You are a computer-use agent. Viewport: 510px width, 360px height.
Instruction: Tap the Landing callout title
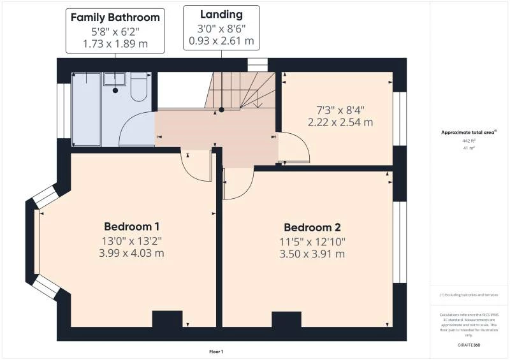pyautogui.click(x=221, y=14)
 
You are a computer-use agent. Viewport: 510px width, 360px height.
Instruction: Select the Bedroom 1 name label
pyautogui.click(x=131, y=226)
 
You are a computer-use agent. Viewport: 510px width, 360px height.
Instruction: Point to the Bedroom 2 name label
pyautogui.click(x=312, y=227)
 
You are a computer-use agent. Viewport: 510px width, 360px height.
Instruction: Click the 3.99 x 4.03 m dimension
pyautogui.click(x=131, y=253)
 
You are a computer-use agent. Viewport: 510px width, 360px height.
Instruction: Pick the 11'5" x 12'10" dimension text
pyautogui.click(x=312, y=241)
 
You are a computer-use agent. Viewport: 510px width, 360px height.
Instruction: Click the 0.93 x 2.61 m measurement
pyautogui.click(x=221, y=41)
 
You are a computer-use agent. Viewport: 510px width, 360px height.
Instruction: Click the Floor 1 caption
pyautogui.click(x=216, y=351)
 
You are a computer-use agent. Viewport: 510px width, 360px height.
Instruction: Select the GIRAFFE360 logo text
pyautogui.click(x=469, y=344)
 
